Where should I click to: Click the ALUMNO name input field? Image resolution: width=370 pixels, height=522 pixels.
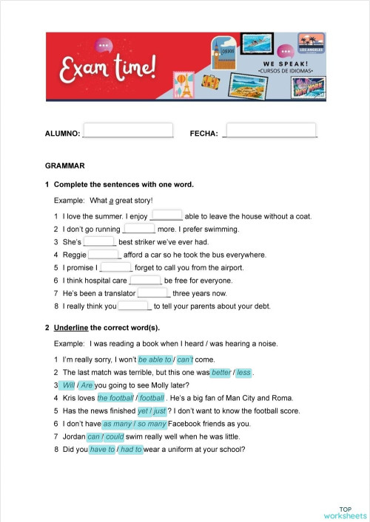click(x=127, y=131)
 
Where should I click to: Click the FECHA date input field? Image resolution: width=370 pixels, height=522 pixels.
click(x=270, y=131)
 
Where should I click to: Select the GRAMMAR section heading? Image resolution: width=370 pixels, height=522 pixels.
click(x=65, y=166)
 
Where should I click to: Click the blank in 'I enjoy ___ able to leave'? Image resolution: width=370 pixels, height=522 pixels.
click(x=166, y=216)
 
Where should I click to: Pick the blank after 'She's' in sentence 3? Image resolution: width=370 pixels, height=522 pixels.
click(x=100, y=241)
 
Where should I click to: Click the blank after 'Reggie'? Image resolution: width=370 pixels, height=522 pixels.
click(x=104, y=254)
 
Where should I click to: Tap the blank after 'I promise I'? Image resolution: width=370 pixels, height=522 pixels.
click(x=115, y=267)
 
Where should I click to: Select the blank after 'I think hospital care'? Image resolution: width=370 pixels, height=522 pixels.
click(x=145, y=280)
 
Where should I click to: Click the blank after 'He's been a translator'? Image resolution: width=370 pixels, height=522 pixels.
click(x=154, y=292)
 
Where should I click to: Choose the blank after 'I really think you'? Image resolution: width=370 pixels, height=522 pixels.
click(x=134, y=305)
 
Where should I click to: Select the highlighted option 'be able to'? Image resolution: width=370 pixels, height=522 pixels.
click(x=155, y=360)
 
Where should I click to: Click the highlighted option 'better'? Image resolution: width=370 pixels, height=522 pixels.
click(x=221, y=373)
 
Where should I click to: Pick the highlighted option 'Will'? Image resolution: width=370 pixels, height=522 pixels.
click(x=67, y=385)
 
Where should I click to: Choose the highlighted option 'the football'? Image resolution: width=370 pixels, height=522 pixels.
click(x=115, y=398)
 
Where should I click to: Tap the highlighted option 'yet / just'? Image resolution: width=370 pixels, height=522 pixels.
click(x=152, y=411)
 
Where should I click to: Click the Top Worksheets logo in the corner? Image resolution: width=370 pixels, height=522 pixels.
click(x=344, y=512)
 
